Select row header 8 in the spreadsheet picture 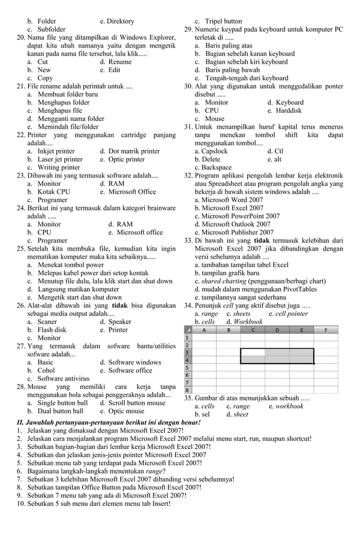(187, 390)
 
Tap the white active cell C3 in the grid (253, 352)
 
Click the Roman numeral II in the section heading (14, 422)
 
